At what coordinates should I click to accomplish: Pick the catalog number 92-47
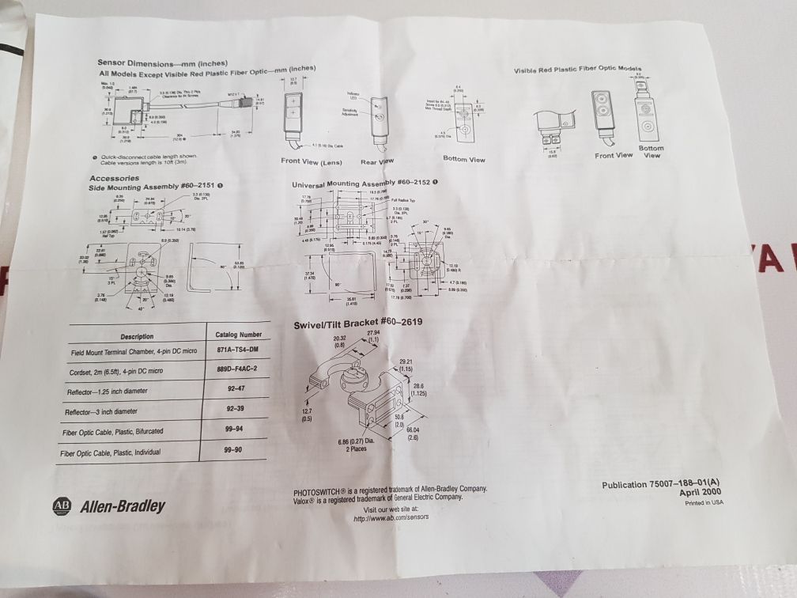click(x=236, y=390)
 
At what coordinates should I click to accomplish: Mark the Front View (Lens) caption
click(x=311, y=162)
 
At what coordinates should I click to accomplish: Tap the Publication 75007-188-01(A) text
click(x=661, y=483)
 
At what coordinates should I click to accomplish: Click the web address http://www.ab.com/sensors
click(x=391, y=518)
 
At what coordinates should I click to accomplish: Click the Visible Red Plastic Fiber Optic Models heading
click(x=577, y=70)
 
